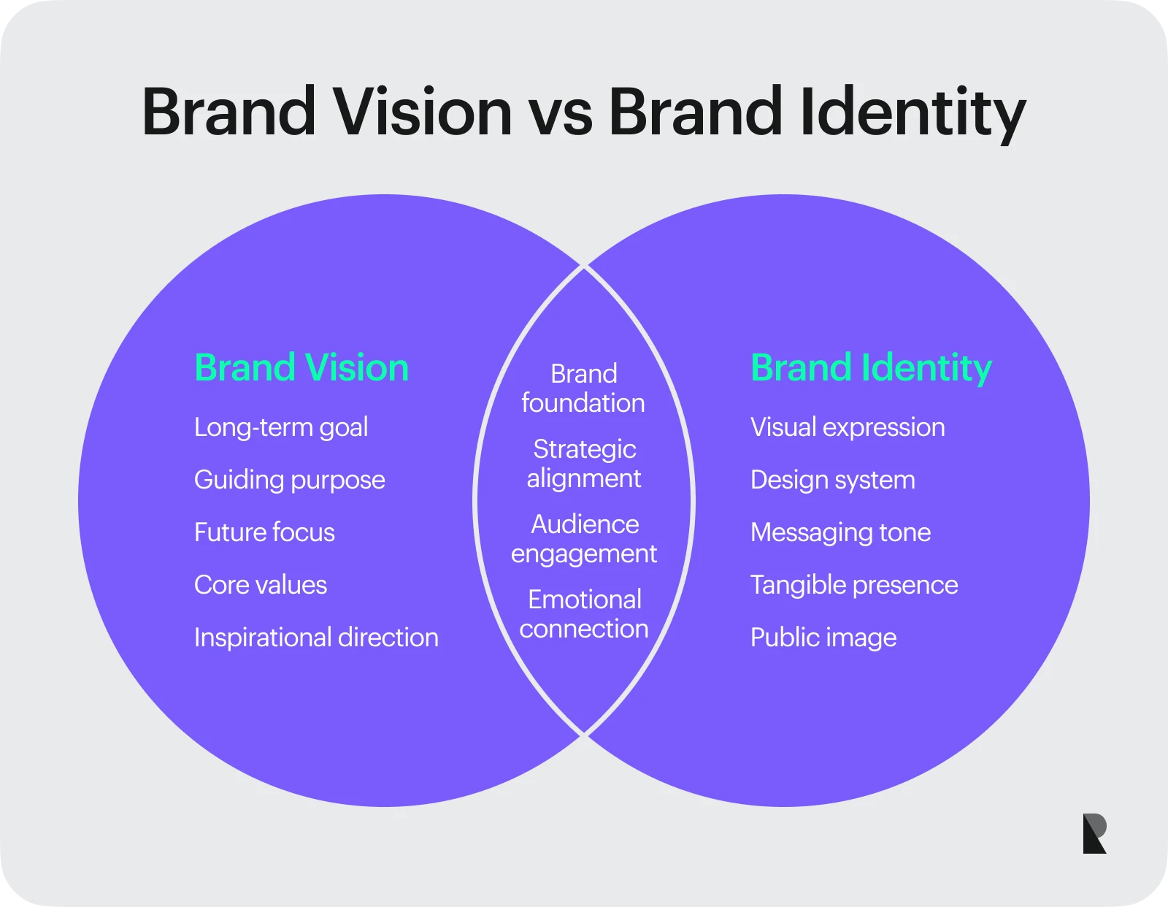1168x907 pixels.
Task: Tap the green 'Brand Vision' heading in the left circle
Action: (x=301, y=368)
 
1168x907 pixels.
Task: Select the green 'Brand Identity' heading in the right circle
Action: (x=872, y=369)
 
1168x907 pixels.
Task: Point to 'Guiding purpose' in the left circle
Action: (x=290, y=481)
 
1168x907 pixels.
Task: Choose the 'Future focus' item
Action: (x=264, y=532)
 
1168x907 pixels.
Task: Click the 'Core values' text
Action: (x=261, y=585)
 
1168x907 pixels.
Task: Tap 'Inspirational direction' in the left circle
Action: (x=317, y=638)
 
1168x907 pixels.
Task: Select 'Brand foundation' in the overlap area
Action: (x=584, y=389)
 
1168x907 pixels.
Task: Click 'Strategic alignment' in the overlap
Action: (x=584, y=464)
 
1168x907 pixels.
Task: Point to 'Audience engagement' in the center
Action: (x=584, y=539)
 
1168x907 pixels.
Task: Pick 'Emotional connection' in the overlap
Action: (x=584, y=614)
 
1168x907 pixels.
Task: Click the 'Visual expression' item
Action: (x=848, y=428)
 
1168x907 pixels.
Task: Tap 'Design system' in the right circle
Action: (x=833, y=481)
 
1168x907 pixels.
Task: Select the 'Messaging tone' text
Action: (x=841, y=533)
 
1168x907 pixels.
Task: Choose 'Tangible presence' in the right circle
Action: (x=854, y=586)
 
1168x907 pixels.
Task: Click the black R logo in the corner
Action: (x=1094, y=833)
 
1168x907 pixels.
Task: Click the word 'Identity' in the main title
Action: (x=912, y=115)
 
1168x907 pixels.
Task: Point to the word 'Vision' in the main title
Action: (x=423, y=111)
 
